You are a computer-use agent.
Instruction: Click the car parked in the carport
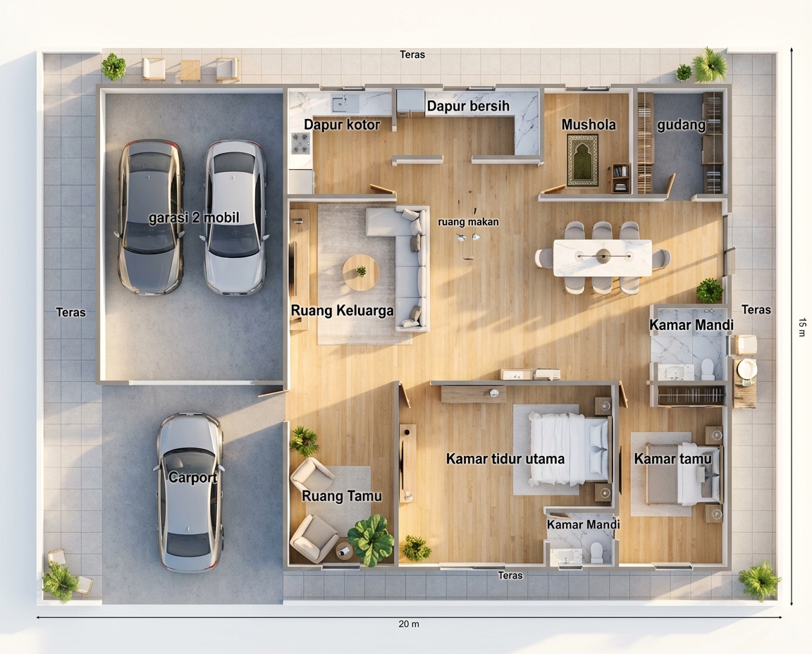(190, 492)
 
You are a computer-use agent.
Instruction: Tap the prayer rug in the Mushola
(583, 160)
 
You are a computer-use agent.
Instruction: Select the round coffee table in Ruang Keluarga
(361, 272)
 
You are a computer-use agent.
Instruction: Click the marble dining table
(603, 257)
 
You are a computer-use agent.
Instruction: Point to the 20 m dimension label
(409, 624)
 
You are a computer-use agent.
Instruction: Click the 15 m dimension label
(802, 327)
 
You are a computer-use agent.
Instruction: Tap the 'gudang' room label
(681, 125)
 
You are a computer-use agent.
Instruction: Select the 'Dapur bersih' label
(468, 106)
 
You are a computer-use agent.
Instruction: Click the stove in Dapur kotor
(300, 143)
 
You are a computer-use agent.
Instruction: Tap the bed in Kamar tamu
(682, 474)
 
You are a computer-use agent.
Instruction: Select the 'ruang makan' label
(468, 221)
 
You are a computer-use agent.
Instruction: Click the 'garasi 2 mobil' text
(194, 218)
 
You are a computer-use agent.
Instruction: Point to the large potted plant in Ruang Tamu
(371, 540)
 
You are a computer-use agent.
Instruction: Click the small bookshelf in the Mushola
(620, 178)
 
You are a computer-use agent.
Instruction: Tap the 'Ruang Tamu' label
(342, 496)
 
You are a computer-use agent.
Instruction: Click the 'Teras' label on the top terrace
(412, 54)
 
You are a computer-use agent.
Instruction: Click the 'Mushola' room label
(589, 125)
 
